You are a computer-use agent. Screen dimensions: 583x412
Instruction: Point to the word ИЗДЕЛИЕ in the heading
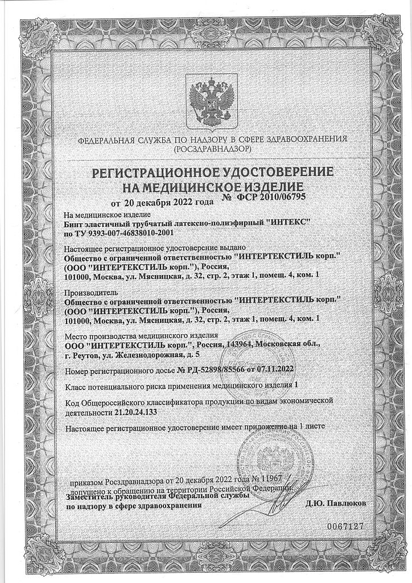[267, 186]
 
